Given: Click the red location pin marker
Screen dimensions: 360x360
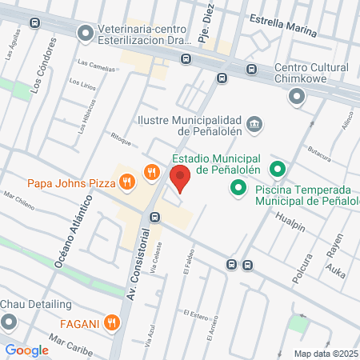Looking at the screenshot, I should (180, 178).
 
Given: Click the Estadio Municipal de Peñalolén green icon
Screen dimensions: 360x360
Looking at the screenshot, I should (277, 169).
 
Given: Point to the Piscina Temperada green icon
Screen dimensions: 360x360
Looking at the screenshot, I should (238, 189).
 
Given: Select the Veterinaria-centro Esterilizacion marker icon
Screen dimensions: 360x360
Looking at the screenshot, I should (85, 34).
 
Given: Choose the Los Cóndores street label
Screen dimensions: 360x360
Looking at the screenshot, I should (40, 77).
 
